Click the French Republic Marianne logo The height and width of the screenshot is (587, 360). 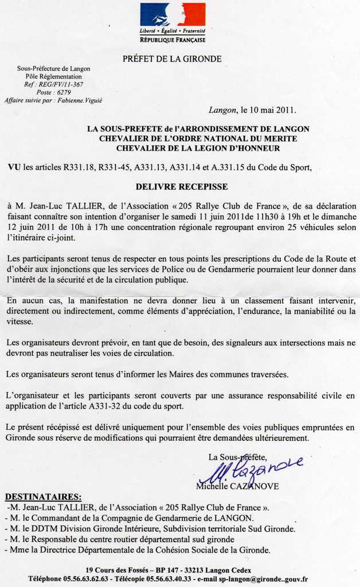[173, 15]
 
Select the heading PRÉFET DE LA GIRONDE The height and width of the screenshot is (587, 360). [172, 59]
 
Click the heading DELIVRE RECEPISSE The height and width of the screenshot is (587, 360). [181, 187]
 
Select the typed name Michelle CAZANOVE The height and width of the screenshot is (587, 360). [237, 486]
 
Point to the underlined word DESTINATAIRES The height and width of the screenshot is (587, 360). [43, 496]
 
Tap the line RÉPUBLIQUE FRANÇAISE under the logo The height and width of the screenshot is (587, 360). [173, 40]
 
